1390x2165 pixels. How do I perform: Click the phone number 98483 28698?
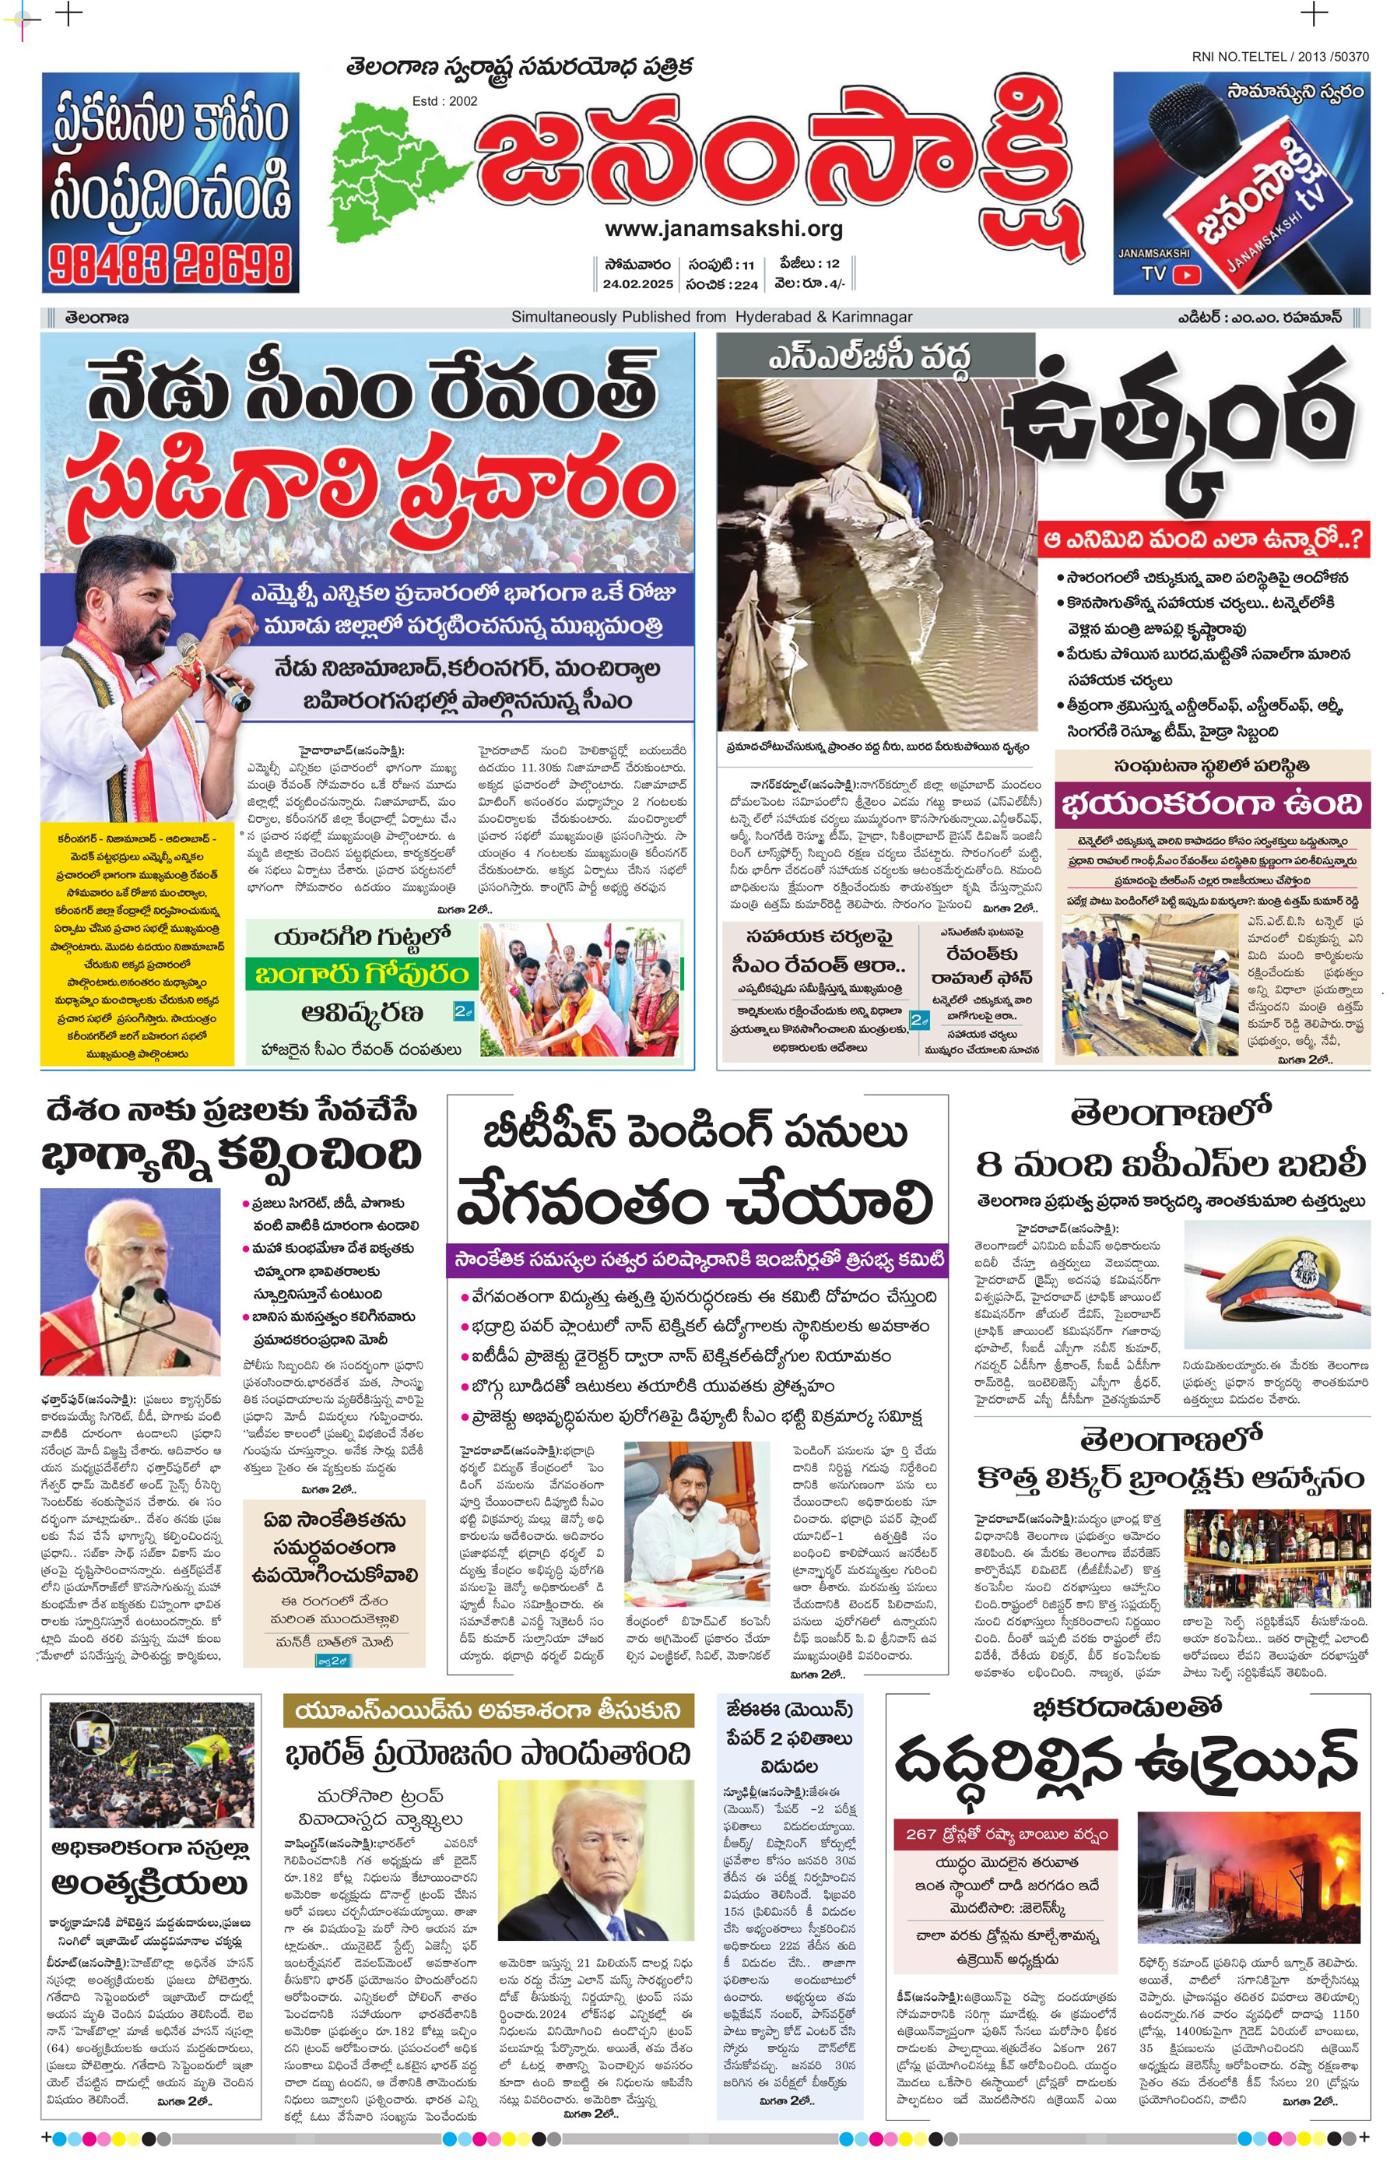[x=170, y=265]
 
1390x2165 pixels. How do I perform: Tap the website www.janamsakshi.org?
[x=724, y=230]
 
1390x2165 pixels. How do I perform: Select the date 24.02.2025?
[x=638, y=284]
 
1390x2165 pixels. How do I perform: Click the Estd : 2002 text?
[x=445, y=101]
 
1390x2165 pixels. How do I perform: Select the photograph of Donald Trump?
[x=595, y=1862]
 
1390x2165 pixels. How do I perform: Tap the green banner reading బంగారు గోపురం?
[x=360, y=974]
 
